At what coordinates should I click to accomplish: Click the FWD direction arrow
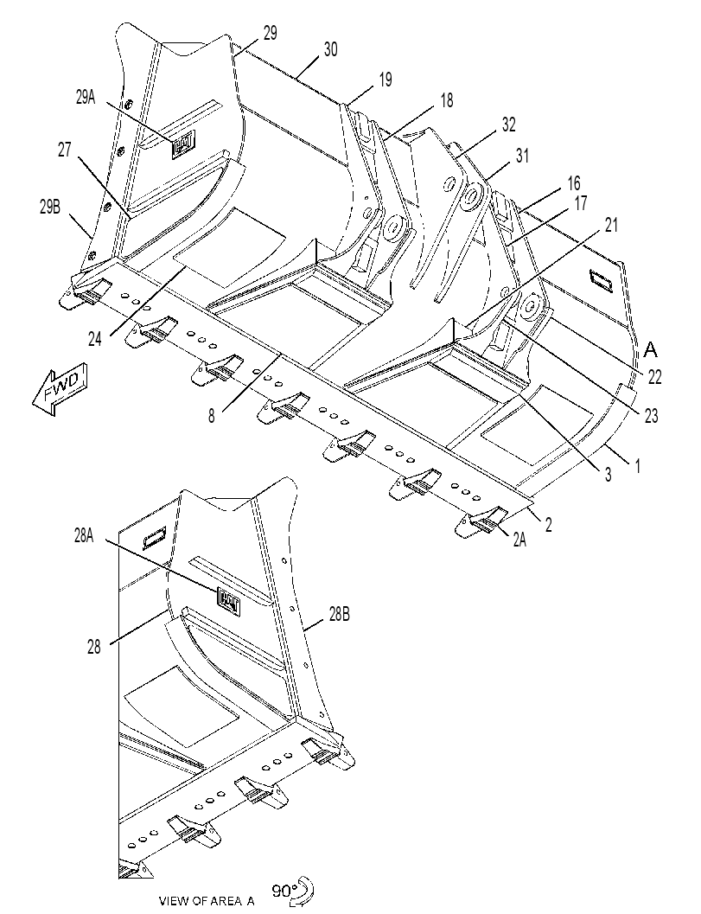click(x=60, y=389)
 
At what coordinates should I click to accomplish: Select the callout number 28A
click(x=84, y=536)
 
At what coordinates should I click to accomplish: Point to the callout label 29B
click(x=50, y=207)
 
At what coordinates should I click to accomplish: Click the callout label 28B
click(x=340, y=615)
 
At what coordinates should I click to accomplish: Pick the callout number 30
click(x=330, y=49)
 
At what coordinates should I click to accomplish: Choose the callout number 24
click(x=95, y=338)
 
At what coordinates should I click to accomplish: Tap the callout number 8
click(x=211, y=416)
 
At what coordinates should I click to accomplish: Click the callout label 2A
click(x=520, y=540)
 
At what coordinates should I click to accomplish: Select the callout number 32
click(x=509, y=125)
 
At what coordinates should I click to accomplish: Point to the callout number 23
click(x=651, y=416)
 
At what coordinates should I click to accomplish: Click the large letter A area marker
click(x=650, y=349)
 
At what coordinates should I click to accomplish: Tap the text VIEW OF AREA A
click(x=207, y=901)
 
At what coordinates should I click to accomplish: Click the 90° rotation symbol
click(x=294, y=892)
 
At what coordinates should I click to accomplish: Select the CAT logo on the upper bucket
click(x=183, y=144)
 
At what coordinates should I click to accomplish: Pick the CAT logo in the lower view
click(x=229, y=600)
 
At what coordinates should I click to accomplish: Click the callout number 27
click(x=64, y=150)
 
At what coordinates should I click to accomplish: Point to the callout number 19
click(x=386, y=80)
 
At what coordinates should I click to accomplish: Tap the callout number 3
click(x=608, y=475)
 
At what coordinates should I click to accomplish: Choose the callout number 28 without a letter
click(x=94, y=647)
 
